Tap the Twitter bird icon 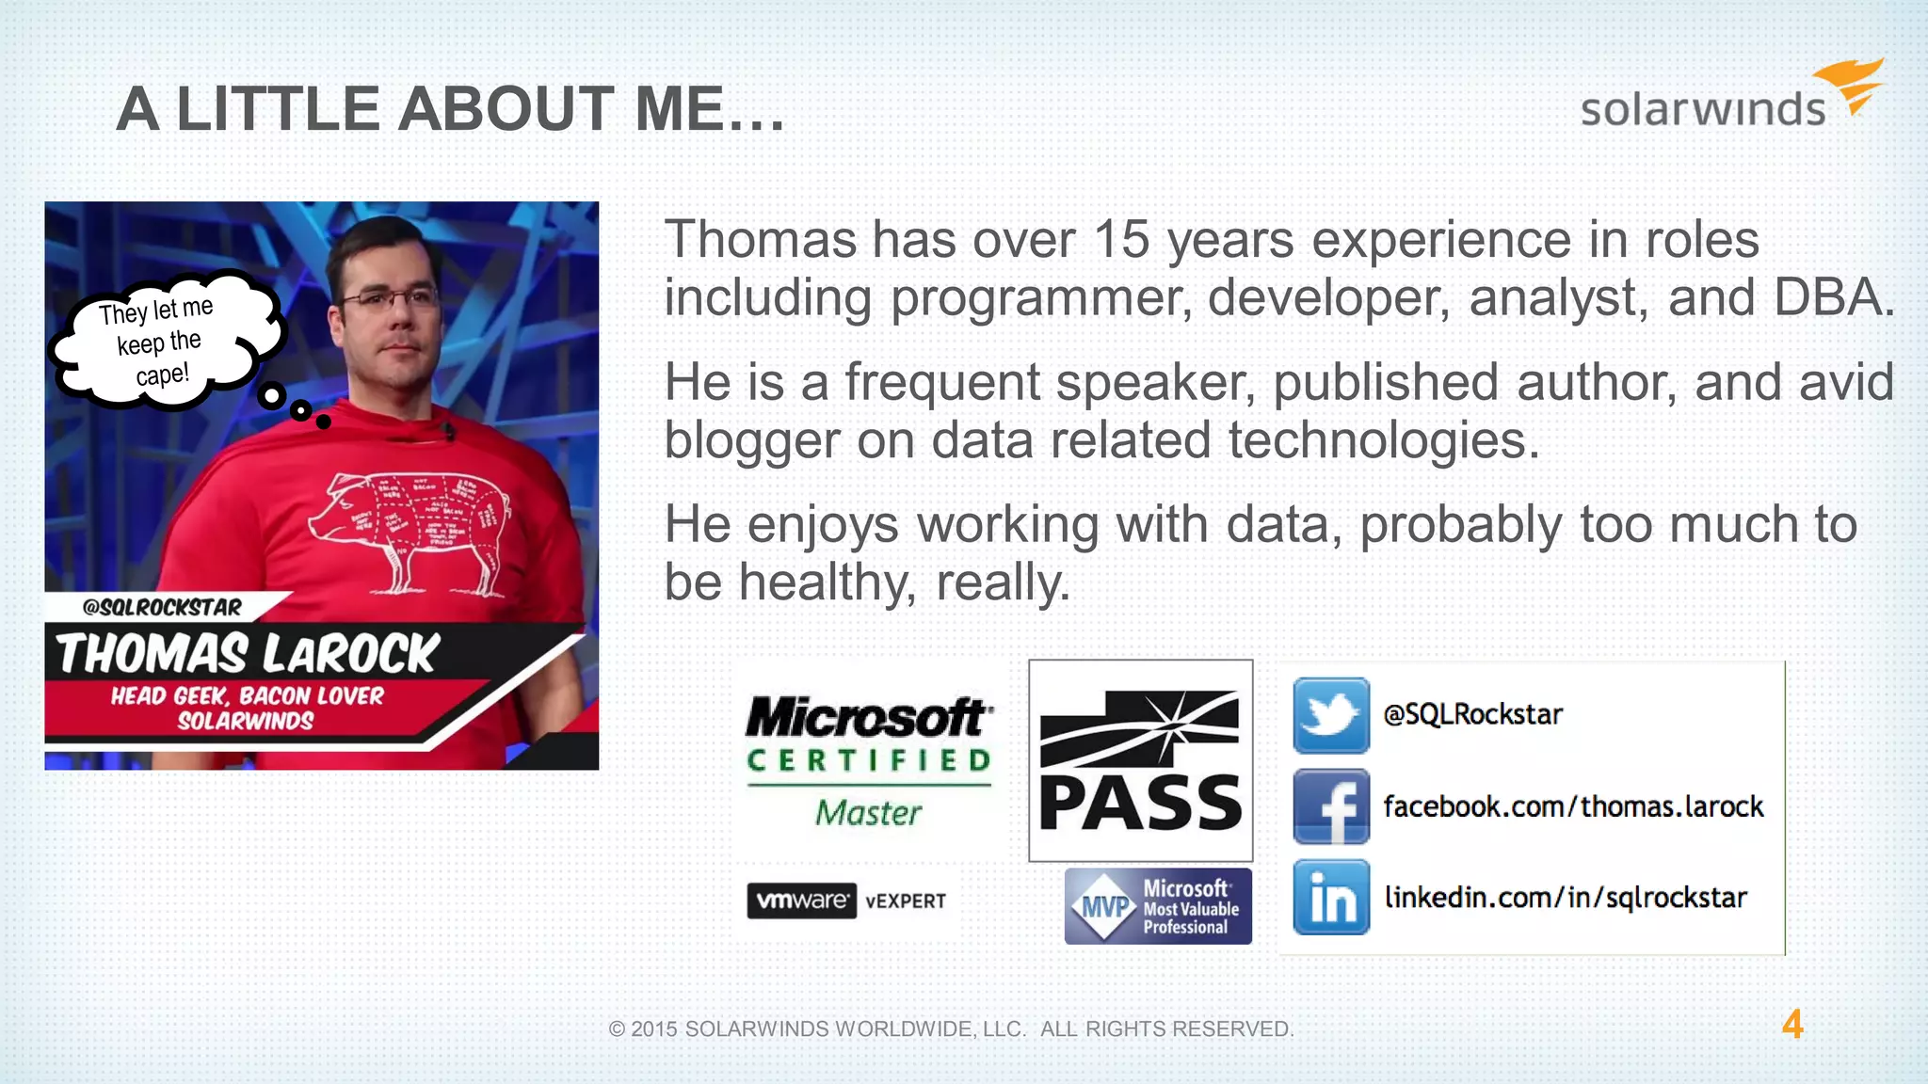click(1330, 715)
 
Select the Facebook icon click(1330, 806)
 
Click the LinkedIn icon click(1330, 897)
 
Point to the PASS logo click(1140, 760)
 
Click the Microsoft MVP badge click(1158, 906)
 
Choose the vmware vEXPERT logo click(846, 901)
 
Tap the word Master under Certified click(868, 813)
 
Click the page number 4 click(1791, 1025)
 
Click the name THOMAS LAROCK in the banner click(248, 654)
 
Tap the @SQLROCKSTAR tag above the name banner click(162, 607)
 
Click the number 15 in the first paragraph click(1120, 240)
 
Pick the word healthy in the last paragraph click(826, 582)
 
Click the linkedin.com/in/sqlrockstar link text click(1566, 898)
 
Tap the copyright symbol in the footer click(617, 1029)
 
